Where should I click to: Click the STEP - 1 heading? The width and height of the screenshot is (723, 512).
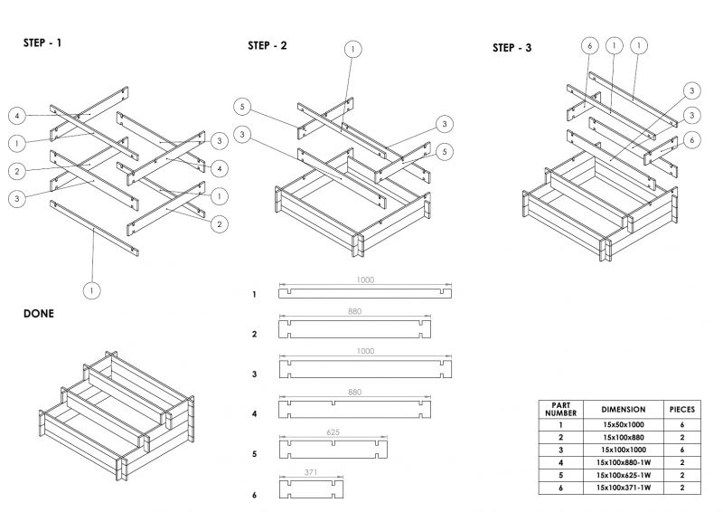42,43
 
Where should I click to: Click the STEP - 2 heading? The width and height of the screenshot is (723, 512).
268,45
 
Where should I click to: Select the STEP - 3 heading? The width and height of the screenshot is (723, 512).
512,48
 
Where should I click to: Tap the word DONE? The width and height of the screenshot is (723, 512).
39,313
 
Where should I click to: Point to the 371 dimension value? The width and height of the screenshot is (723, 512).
312,472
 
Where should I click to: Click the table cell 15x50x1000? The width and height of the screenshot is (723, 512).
622,424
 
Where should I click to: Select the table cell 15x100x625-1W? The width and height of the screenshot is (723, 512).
622,475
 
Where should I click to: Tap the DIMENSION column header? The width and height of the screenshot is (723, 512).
622,408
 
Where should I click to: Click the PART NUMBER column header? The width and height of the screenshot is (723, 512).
560,408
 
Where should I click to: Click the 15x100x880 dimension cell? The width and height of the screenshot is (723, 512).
622,437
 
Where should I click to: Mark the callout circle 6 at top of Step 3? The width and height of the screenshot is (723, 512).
588,45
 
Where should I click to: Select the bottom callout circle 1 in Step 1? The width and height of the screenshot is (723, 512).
91,290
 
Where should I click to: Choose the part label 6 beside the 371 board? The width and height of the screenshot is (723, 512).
255,495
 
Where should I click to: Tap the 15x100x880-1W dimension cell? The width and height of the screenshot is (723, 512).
622,462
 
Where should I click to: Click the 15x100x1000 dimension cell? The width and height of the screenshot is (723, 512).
622,450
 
